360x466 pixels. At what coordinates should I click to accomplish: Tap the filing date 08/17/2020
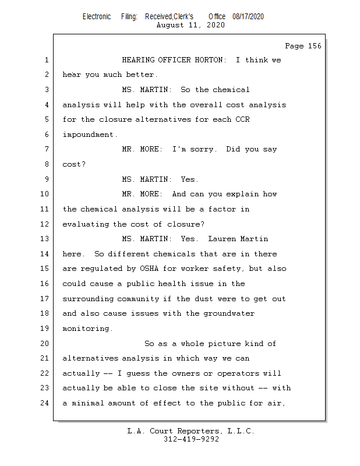coord(248,17)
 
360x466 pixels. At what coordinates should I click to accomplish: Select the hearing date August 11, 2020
coord(190,25)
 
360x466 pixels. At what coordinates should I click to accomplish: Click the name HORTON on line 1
coord(209,60)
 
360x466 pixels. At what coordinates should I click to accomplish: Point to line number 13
coord(44,239)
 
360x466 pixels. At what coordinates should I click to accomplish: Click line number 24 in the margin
coord(44,403)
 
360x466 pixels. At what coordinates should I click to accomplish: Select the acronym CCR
coord(242,119)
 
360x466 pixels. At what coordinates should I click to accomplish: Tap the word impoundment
coord(88,135)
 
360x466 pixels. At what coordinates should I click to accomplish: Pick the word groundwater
coord(229,313)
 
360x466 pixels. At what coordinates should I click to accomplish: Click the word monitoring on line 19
coord(86,329)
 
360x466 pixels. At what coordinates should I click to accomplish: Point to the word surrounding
coord(88,299)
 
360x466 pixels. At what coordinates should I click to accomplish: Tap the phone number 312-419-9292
coord(191,439)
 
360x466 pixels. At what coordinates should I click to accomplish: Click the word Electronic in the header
coord(97,17)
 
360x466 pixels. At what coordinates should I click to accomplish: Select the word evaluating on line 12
coord(86,224)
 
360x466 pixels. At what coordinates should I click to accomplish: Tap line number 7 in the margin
coord(47,149)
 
